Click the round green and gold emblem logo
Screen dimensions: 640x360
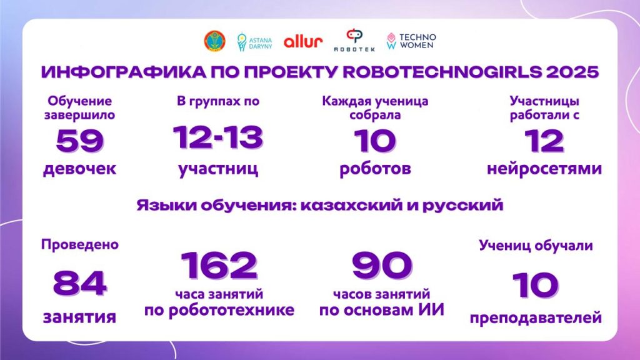pyautogui.click(x=214, y=41)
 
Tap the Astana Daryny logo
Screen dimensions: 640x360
pyautogui.click(x=254, y=42)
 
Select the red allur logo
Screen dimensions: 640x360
pyautogui.click(x=303, y=41)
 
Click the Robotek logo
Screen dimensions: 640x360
pyautogui.click(x=354, y=41)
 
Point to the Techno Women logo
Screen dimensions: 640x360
pyautogui.click(x=411, y=41)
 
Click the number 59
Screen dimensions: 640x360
pyautogui.click(x=80, y=141)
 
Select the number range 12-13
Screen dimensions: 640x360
pyautogui.click(x=218, y=137)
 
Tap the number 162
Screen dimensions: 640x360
pyautogui.click(x=219, y=265)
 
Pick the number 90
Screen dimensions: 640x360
pyautogui.click(x=382, y=265)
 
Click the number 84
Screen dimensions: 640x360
pyautogui.click(x=80, y=283)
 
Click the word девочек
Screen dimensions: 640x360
pyautogui.click(x=79, y=169)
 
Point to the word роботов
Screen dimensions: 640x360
pyautogui.click(x=375, y=169)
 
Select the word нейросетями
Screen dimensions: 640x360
pyautogui.click(x=544, y=169)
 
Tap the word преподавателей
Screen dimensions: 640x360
pyautogui.click(x=536, y=317)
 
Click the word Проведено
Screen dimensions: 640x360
pyautogui.click(x=80, y=245)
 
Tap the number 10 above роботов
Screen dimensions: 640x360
pyautogui.click(x=375, y=141)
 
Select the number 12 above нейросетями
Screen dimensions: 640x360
pyautogui.click(x=544, y=141)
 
